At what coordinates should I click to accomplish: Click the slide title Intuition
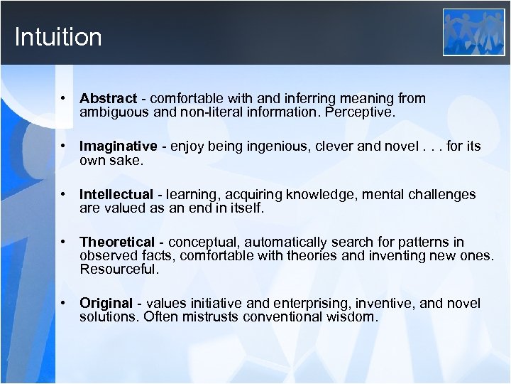(58, 37)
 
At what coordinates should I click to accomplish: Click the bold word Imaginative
(118, 146)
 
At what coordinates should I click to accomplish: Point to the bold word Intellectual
(116, 194)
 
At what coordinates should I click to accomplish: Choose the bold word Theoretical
(116, 242)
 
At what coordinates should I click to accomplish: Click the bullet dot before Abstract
(63, 98)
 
